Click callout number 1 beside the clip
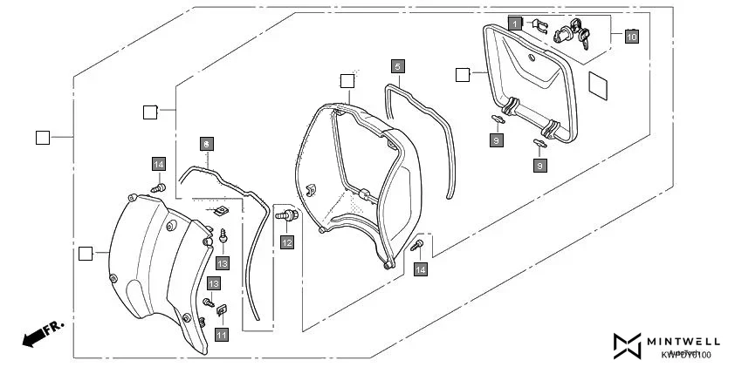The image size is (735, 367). [516, 23]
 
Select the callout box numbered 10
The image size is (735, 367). [631, 36]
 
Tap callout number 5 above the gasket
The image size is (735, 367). [397, 66]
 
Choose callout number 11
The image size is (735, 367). [222, 334]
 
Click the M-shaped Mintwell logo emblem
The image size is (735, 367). [627, 346]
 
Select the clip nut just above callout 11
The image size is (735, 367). [222, 307]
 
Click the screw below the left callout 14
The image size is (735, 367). [159, 187]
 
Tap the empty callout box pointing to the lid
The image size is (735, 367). [463, 75]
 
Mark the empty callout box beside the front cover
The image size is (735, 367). [86, 254]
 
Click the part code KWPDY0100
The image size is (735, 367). [685, 354]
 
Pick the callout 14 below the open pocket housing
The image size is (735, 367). [422, 271]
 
